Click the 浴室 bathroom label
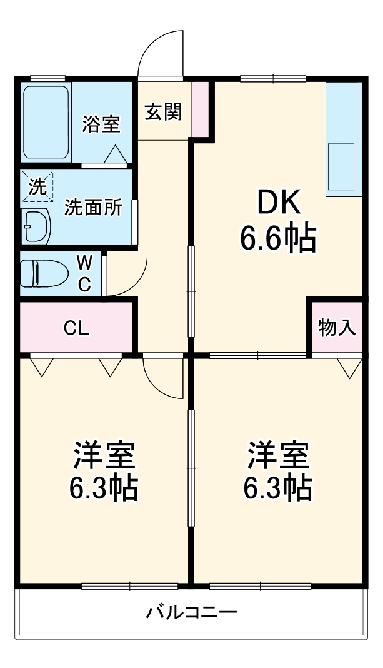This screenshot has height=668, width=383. pyautogui.click(x=101, y=124)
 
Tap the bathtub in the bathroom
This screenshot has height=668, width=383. pyautogui.click(x=46, y=123)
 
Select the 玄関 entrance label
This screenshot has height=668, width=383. pyautogui.click(x=164, y=112)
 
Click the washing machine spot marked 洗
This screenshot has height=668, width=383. pyautogui.click(x=37, y=186)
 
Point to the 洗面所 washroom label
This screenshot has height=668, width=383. pyautogui.click(x=94, y=208)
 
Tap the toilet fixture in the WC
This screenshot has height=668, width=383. pyautogui.click(x=44, y=273)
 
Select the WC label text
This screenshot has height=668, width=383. pyautogui.click(x=84, y=273)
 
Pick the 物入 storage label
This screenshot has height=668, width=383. pyautogui.click(x=337, y=327)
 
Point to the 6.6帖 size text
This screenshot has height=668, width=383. pyautogui.click(x=279, y=238)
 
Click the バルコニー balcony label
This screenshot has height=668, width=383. pyautogui.click(x=192, y=612)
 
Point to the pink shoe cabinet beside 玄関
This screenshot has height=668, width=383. pyautogui.click(x=199, y=108)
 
